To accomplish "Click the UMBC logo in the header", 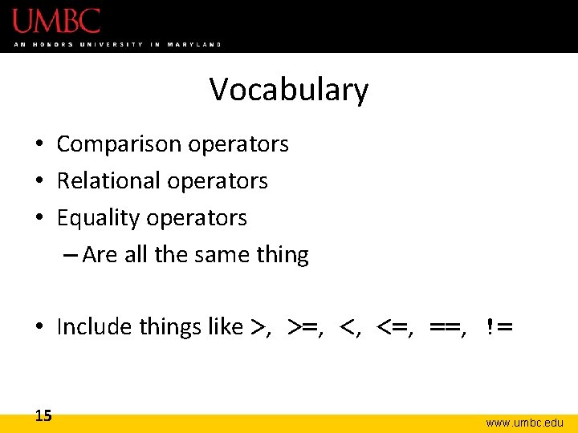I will pos(56,20).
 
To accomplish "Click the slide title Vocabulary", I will pos(289,90).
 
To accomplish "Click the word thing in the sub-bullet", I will pos(282,255).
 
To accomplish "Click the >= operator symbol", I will pos(303,327).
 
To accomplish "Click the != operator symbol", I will pos(499,327).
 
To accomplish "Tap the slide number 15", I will pos(43,415).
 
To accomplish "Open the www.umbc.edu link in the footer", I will pos(524,422).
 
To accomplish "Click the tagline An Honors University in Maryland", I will pos(117,44).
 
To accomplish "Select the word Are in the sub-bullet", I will pos(100,255).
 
